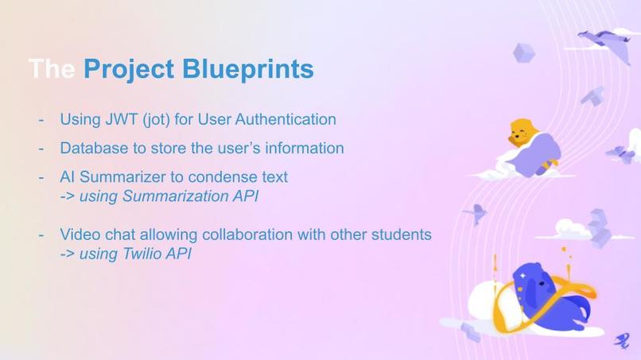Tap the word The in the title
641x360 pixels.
52,69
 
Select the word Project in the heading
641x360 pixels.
130,69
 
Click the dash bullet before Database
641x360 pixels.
41,149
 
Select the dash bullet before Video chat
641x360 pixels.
41,236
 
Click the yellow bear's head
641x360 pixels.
520,130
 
